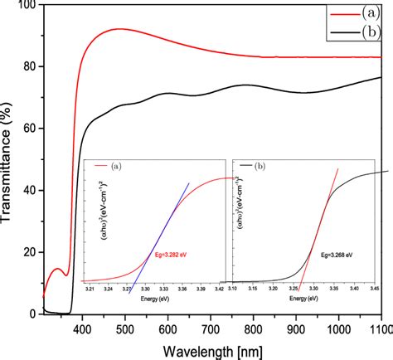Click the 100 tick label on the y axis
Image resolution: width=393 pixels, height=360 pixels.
pos(24,6)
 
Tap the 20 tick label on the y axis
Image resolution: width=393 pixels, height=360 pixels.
pos(27,252)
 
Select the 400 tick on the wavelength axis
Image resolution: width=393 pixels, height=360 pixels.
pos(81,329)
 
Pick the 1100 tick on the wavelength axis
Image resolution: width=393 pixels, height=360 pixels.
pos(380,329)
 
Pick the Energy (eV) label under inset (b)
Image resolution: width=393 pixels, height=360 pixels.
pos(303,298)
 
